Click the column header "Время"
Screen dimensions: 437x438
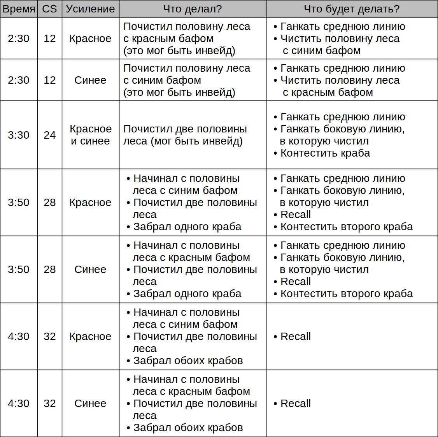click(x=19, y=9)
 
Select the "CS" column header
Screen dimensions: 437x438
click(x=49, y=9)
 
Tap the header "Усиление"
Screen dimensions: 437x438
click(x=90, y=9)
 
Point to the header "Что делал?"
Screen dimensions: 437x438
click(x=192, y=9)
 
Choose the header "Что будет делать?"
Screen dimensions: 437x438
click(x=351, y=9)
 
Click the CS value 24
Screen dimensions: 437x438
click(x=49, y=135)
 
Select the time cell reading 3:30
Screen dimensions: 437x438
click(x=19, y=135)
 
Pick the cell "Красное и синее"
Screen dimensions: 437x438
click(x=90, y=135)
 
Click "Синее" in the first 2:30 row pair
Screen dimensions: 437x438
click(x=90, y=80)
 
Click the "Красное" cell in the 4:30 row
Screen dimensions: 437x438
click(x=90, y=337)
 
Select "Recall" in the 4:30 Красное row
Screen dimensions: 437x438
click(x=295, y=337)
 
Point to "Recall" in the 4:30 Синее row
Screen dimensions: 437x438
click(x=295, y=404)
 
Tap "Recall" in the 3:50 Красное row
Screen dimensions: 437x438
click(x=295, y=215)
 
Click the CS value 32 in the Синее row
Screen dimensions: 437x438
click(x=49, y=404)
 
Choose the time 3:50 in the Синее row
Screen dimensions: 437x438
click(x=19, y=270)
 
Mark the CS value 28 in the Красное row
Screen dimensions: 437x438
click(x=49, y=203)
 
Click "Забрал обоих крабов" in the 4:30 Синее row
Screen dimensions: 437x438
click(x=188, y=428)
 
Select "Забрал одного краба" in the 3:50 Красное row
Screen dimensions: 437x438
click(x=187, y=227)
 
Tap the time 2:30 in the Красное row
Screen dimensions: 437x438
click(x=19, y=39)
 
